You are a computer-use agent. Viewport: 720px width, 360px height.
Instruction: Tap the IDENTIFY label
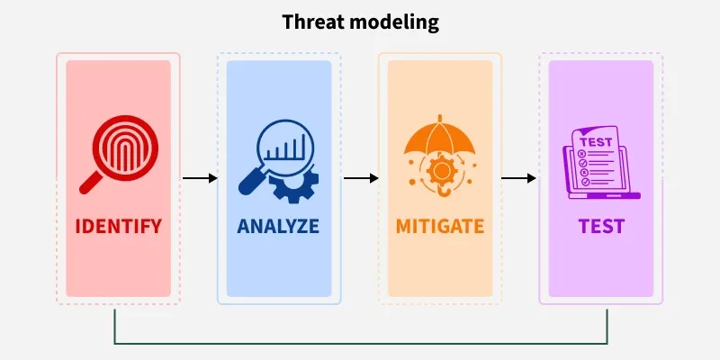[119, 227]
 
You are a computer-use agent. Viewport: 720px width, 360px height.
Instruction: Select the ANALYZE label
[278, 227]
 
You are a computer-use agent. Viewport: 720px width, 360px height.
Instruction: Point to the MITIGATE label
[440, 227]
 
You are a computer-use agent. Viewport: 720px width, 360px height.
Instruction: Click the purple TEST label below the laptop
[601, 227]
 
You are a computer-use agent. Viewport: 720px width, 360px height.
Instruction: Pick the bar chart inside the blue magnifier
[284, 147]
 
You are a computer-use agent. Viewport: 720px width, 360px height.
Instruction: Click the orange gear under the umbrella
[439, 171]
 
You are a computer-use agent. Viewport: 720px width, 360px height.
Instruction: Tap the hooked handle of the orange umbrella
[442, 191]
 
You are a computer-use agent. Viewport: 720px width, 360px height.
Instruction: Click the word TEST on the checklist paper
[596, 142]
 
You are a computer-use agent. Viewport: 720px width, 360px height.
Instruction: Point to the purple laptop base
[604, 195]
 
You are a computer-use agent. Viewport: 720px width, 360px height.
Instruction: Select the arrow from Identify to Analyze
[200, 178]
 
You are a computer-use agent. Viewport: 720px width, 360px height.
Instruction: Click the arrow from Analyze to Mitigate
[361, 178]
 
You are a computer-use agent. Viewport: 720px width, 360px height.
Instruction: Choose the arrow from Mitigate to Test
[518, 178]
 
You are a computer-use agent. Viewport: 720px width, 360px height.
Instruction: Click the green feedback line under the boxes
[361, 343]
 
